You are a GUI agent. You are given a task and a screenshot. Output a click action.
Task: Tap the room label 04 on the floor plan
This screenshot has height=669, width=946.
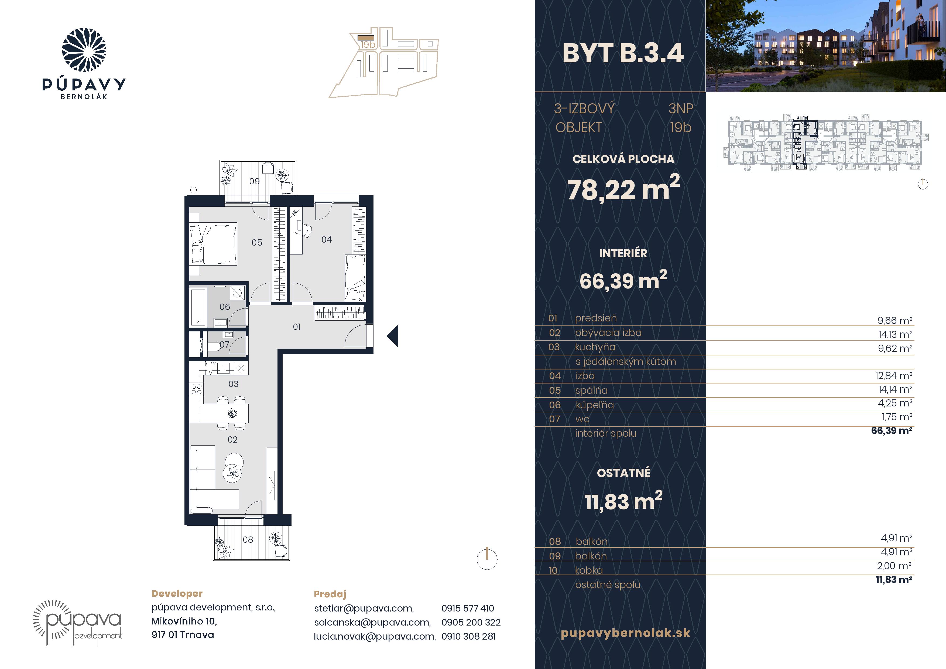[x=326, y=239]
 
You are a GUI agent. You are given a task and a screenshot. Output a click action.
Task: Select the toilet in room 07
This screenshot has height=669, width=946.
[x=213, y=348]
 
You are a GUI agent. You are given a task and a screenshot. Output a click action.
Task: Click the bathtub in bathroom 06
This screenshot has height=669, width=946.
[x=198, y=307]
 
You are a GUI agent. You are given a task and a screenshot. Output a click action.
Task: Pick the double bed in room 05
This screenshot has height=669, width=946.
[x=213, y=244]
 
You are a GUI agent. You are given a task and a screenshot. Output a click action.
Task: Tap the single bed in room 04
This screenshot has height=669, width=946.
[x=355, y=278]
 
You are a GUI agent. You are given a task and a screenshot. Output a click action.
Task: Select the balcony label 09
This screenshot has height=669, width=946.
[x=254, y=181]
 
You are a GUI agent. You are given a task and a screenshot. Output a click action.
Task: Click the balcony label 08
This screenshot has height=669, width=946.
[x=248, y=539]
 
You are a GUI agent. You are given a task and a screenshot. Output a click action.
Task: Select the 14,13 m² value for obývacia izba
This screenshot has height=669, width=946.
[x=895, y=334]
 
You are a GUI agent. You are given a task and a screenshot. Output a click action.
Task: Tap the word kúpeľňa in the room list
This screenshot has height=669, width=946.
[x=595, y=405]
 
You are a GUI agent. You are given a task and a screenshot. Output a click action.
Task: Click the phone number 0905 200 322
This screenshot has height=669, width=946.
[x=471, y=622]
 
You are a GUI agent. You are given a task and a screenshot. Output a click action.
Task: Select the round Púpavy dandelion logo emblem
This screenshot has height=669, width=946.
[x=84, y=50]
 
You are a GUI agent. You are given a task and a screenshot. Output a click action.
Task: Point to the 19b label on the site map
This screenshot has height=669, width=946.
[x=368, y=44]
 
